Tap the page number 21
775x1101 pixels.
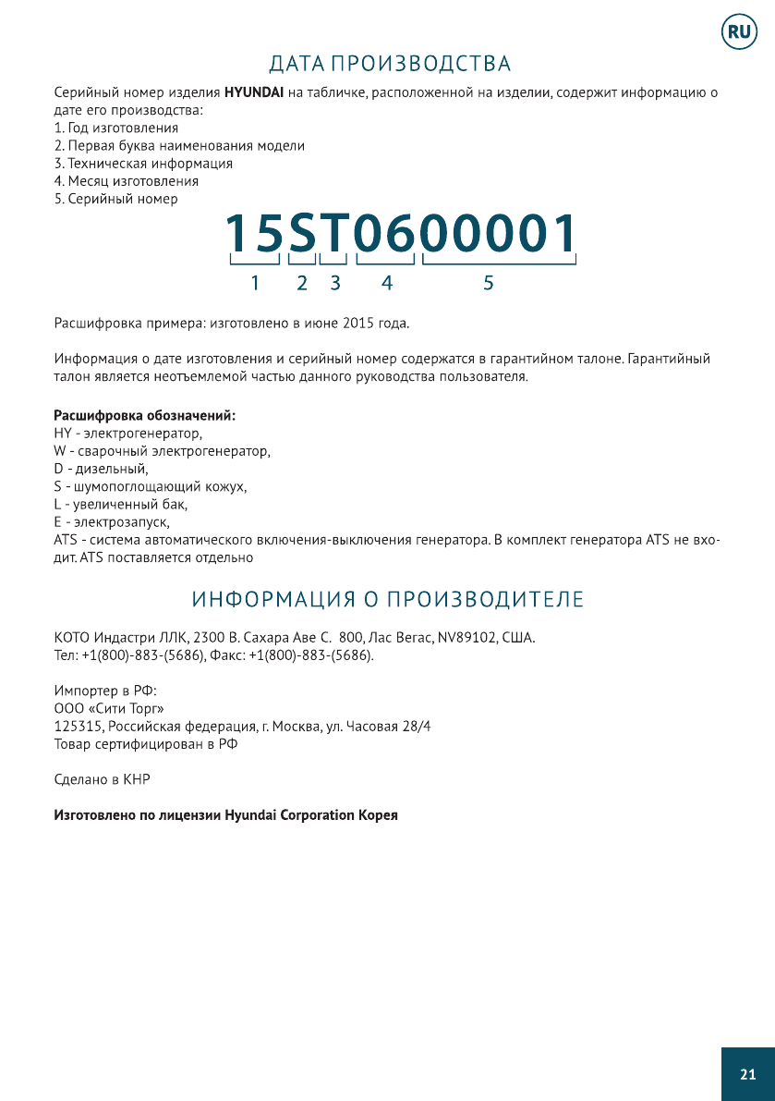pyautogui.click(x=747, y=1073)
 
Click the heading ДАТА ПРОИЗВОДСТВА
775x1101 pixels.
pyautogui.click(x=389, y=64)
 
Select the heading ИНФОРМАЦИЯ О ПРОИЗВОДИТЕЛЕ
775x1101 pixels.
pyautogui.click(x=388, y=599)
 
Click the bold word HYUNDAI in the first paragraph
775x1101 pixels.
pyautogui.click(x=254, y=93)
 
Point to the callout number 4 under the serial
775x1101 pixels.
pyautogui.click(x=387, y=284)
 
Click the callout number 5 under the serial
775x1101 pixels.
pyautogui.click(x=489, y=284)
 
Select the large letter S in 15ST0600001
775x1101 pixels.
pyautogui.click(x=302, y=234)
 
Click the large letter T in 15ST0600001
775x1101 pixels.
pyautogui.click(x=333, y=234)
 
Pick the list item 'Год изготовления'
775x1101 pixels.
pyautogui.click(x=116, y=128)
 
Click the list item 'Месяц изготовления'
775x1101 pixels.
pyautogui.click(x=127, y=181)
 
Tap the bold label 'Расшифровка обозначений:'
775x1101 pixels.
pyautogui.click(x=145, y=416)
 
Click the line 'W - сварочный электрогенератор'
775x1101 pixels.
pyautogui.click(x=163, y=451)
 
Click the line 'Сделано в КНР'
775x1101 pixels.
pyautogui.click(x=103, y=779)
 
